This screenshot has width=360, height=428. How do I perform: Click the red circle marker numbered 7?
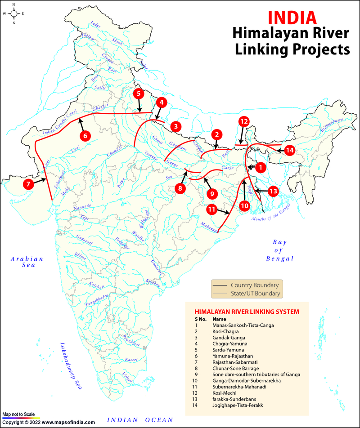[x=28, y=183]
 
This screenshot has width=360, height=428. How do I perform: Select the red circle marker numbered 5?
[x=138, y=94]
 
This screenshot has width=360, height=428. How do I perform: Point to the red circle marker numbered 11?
[x=212, y=210]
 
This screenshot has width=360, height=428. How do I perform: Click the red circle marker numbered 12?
[x=243, y=121]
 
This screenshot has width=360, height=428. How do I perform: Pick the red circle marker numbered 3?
[x=175, y=126]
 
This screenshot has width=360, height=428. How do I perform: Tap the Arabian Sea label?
[x=27, y=262]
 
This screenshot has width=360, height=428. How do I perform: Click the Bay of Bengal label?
[x=279, y=250]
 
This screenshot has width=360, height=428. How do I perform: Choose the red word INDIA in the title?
[x=292, y=17]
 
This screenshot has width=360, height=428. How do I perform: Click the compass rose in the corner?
[x=14, y=13]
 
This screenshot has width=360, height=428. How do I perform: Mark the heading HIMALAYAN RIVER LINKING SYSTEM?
[x=246, y=312]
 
